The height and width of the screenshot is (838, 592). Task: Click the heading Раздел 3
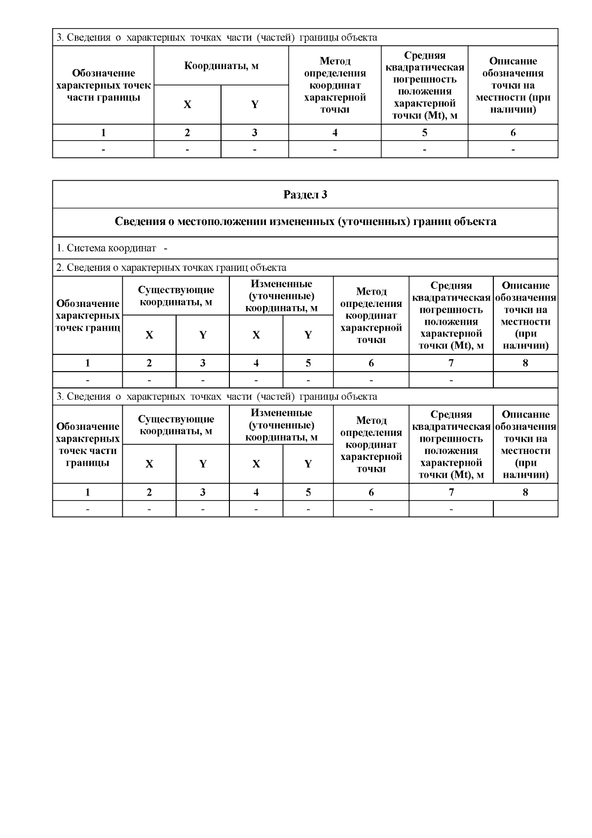[x=305, y=194]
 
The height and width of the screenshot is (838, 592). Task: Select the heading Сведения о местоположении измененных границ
[x=305, y=222]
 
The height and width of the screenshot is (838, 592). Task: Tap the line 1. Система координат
[x=111, y=248]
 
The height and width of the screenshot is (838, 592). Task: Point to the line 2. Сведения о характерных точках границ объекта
[x=171, y=268]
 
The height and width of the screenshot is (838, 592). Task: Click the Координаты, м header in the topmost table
[x=221, y=66]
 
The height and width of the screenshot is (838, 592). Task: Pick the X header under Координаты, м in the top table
[x=187, y=105]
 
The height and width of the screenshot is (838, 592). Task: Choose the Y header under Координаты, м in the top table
[x=255, y=105]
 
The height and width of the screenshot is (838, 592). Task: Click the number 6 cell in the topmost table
[x=513, y=133]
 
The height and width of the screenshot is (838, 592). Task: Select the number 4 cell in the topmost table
[x=334, y=133]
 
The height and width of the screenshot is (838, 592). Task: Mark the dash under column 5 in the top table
[x=424, y=149]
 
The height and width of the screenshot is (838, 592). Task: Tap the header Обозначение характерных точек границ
[x=87, y=315]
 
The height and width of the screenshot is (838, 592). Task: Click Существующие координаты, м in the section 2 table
[x=176, y=296]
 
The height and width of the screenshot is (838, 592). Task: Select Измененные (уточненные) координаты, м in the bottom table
[x=281, y=425]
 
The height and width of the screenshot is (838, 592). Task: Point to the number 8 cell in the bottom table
[x=525, y=492]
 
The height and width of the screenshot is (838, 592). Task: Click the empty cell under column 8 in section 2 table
[x=525, y=380]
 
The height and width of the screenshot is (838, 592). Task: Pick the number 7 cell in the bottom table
[x=451, y=492]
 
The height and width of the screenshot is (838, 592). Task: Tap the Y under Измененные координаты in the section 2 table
[x=308, y=335]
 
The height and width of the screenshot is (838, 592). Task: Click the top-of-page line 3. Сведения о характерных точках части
[x=217, y=38]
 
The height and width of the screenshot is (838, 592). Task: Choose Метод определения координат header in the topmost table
[x=334, y=85]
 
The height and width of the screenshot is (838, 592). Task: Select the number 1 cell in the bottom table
[x=87, y=492]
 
